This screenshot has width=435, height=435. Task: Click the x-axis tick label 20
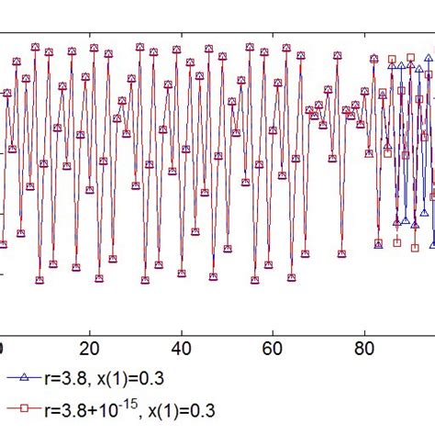[89, 349]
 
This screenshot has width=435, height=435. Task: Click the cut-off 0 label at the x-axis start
[3, 349]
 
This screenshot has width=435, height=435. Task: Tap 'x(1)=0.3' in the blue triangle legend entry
[144, 377]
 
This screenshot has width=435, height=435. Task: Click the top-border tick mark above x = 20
[89, 36]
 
